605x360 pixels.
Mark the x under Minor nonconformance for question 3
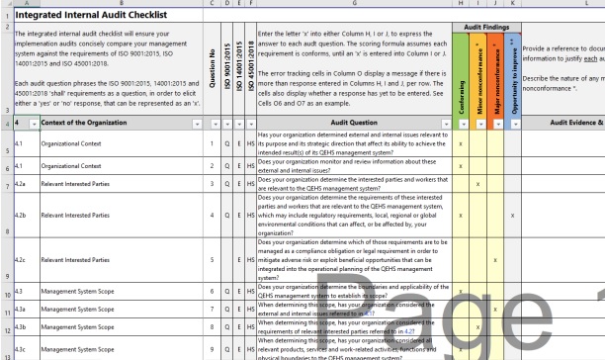[x=478, y=184]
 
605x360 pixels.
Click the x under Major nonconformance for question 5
[x=494, y=260]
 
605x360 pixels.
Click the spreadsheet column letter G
[x=353, y=4]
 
